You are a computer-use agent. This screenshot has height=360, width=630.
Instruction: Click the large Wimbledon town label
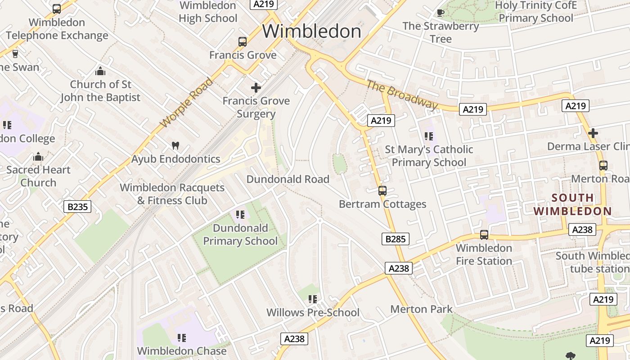pos(311,31)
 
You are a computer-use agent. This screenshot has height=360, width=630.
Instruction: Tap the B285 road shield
pos(396,239)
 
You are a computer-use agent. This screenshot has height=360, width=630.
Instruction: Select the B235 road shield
pos(77,207)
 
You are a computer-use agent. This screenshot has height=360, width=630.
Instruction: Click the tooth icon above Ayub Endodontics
pos(175,146)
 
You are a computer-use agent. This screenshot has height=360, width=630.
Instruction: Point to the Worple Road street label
pos(186,103)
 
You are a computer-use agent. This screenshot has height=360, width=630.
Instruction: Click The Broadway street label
pos(401,95)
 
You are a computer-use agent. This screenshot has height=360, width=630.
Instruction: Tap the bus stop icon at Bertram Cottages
pos(382,191)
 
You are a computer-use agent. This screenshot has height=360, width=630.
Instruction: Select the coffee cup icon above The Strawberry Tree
pos(440,13)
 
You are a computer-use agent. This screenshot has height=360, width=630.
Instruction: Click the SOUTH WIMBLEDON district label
pos(572,204)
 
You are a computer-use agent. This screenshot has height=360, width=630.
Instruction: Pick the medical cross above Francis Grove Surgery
pos(256,88)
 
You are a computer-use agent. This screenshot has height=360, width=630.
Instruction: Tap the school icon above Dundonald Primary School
pos(240,215)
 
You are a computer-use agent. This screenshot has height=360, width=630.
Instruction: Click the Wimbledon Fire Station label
pos(484,254)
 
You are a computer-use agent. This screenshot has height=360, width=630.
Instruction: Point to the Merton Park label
pos(421,309)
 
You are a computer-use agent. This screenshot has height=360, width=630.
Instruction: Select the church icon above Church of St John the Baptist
pos(100,71)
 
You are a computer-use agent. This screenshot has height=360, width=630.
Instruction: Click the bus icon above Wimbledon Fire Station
pos(484,235)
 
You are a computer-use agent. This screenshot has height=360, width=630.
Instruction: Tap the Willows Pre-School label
pos(313,312)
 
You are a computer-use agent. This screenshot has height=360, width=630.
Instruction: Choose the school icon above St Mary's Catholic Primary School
pos(429,136)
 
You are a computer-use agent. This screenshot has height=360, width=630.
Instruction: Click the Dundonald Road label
pos(288,179)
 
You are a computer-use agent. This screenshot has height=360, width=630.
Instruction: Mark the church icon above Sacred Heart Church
pos(38,157)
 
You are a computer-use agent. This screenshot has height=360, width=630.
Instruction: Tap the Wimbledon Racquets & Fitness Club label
pos(172,194)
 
